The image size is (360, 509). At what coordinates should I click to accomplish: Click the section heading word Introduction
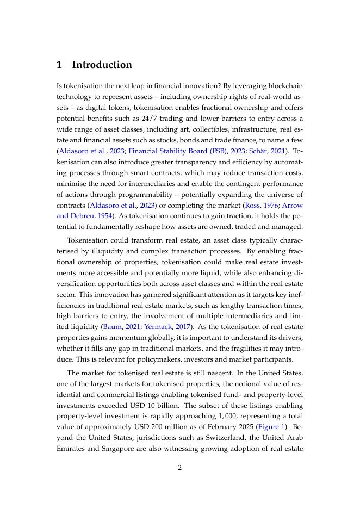coord(102,65)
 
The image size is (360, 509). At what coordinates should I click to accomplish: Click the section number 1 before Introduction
coord(59,65)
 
